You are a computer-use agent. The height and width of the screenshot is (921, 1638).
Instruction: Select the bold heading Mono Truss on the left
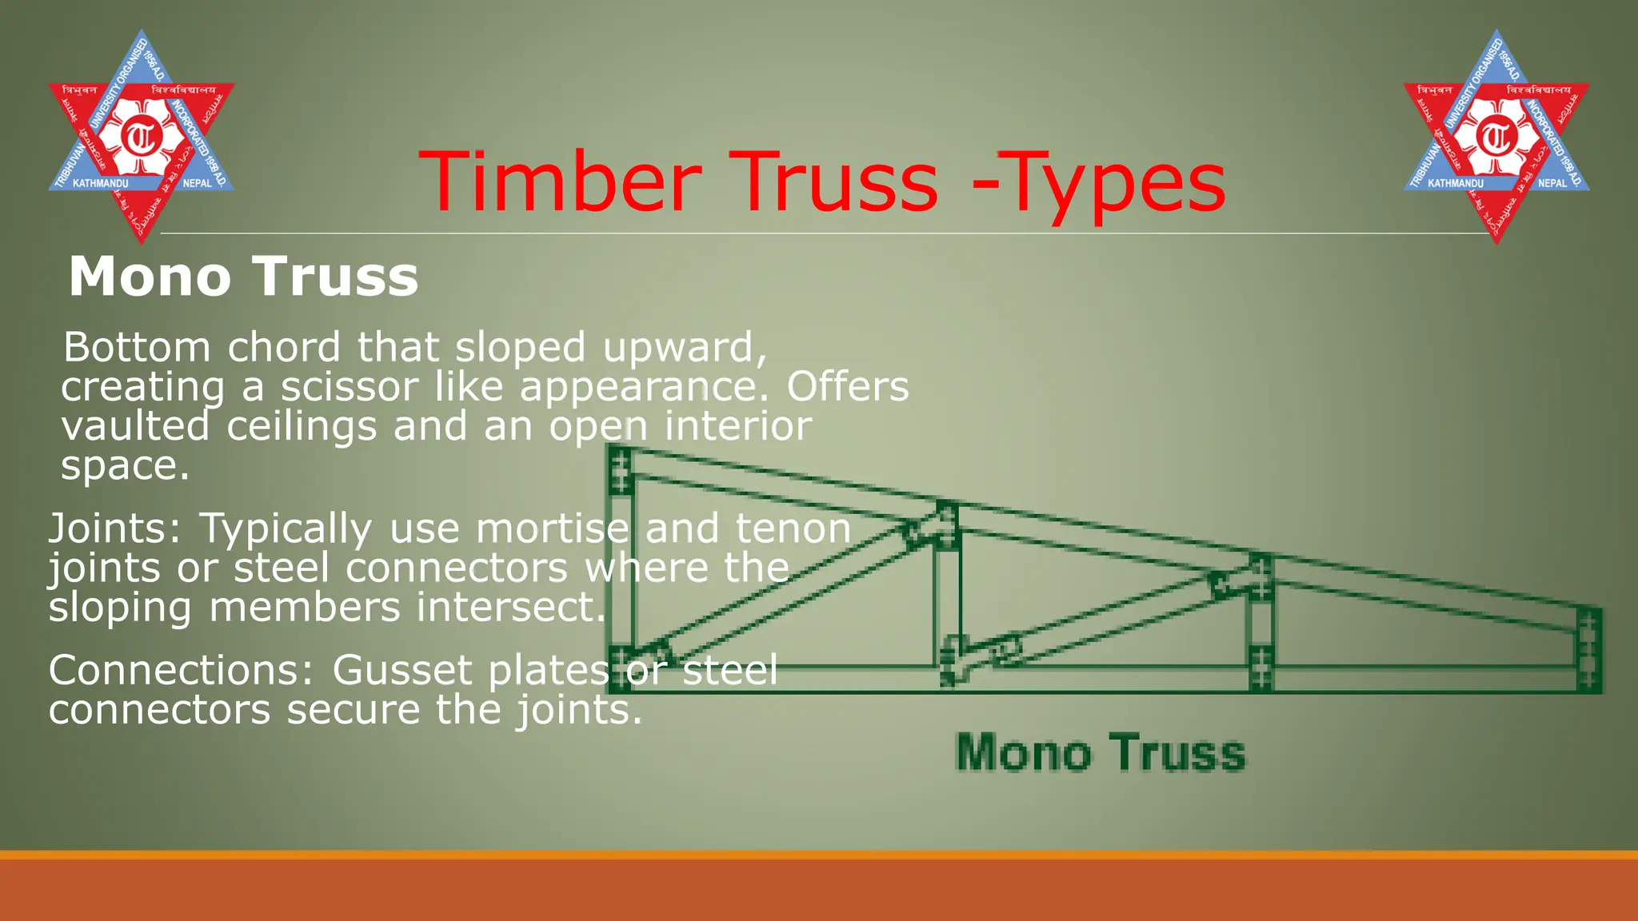(x=243, y=277)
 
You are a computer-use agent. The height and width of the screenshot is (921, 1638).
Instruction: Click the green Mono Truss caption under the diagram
(x=1101, y=752)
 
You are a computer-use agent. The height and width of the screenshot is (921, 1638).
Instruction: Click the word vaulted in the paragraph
(x=135, y=426)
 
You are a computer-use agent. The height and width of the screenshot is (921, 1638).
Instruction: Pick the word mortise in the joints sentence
(x=553, y=528)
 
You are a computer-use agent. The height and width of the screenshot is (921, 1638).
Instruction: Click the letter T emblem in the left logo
(x=142, y=137)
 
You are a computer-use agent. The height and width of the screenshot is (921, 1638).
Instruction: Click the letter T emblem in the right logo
(x=1496, y=137)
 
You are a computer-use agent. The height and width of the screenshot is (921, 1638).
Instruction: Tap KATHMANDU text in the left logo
(x=100, y=184)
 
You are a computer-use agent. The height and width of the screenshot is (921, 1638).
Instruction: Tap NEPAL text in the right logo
(x=1552, y=184)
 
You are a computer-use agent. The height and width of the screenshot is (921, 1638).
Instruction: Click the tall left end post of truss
(x=621, y=568)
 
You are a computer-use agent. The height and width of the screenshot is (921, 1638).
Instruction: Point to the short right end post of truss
(x=1588, y=649)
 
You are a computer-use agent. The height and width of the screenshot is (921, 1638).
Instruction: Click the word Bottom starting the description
(x=137, y=348)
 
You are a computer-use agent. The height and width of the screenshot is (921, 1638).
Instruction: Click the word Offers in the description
(x=848, y=387)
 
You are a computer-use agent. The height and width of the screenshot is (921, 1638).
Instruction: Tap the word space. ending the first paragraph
(x=125, y=466)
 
